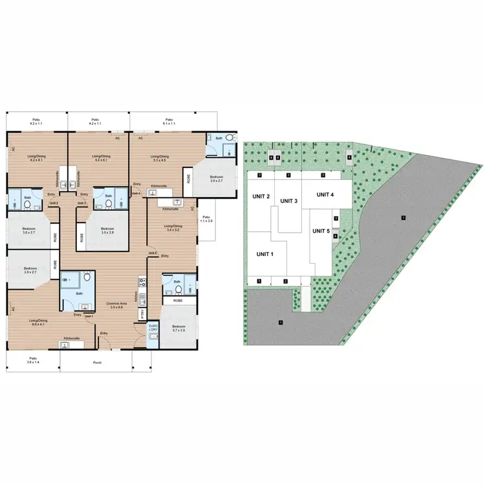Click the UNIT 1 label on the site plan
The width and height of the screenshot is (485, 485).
pyautogui.click(x=264, y=254)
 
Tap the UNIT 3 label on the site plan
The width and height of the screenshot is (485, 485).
pyautogui.click(x=288, y=201)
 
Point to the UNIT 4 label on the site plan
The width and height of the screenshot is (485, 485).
pyautogui.click(x=325, y=195)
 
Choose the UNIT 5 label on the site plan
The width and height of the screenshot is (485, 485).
pyautogui.click(x=319, y=231)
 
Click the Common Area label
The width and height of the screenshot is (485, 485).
pyautogui.click(x=116, y=305)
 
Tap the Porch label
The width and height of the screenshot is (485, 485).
pyautogui.click(x=98, y=362)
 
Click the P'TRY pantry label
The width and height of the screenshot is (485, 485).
pyautogui.click(x=142, y=314)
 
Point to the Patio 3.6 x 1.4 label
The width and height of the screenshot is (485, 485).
pyautogui.click(x=32, y=360)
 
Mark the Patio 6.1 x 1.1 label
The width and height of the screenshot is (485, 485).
pyautogui.click(x=169, y=121)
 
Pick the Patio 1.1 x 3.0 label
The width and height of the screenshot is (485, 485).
pyautogui.click(x=206, y=219)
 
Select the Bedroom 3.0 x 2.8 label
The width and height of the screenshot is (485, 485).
pyautogui.click(x=108, y=230)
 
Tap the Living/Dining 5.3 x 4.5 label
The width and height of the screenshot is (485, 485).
pyautogui.click(x=160, y=158)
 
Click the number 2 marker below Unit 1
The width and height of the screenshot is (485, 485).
pyautogui.click(x=285, y=281)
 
